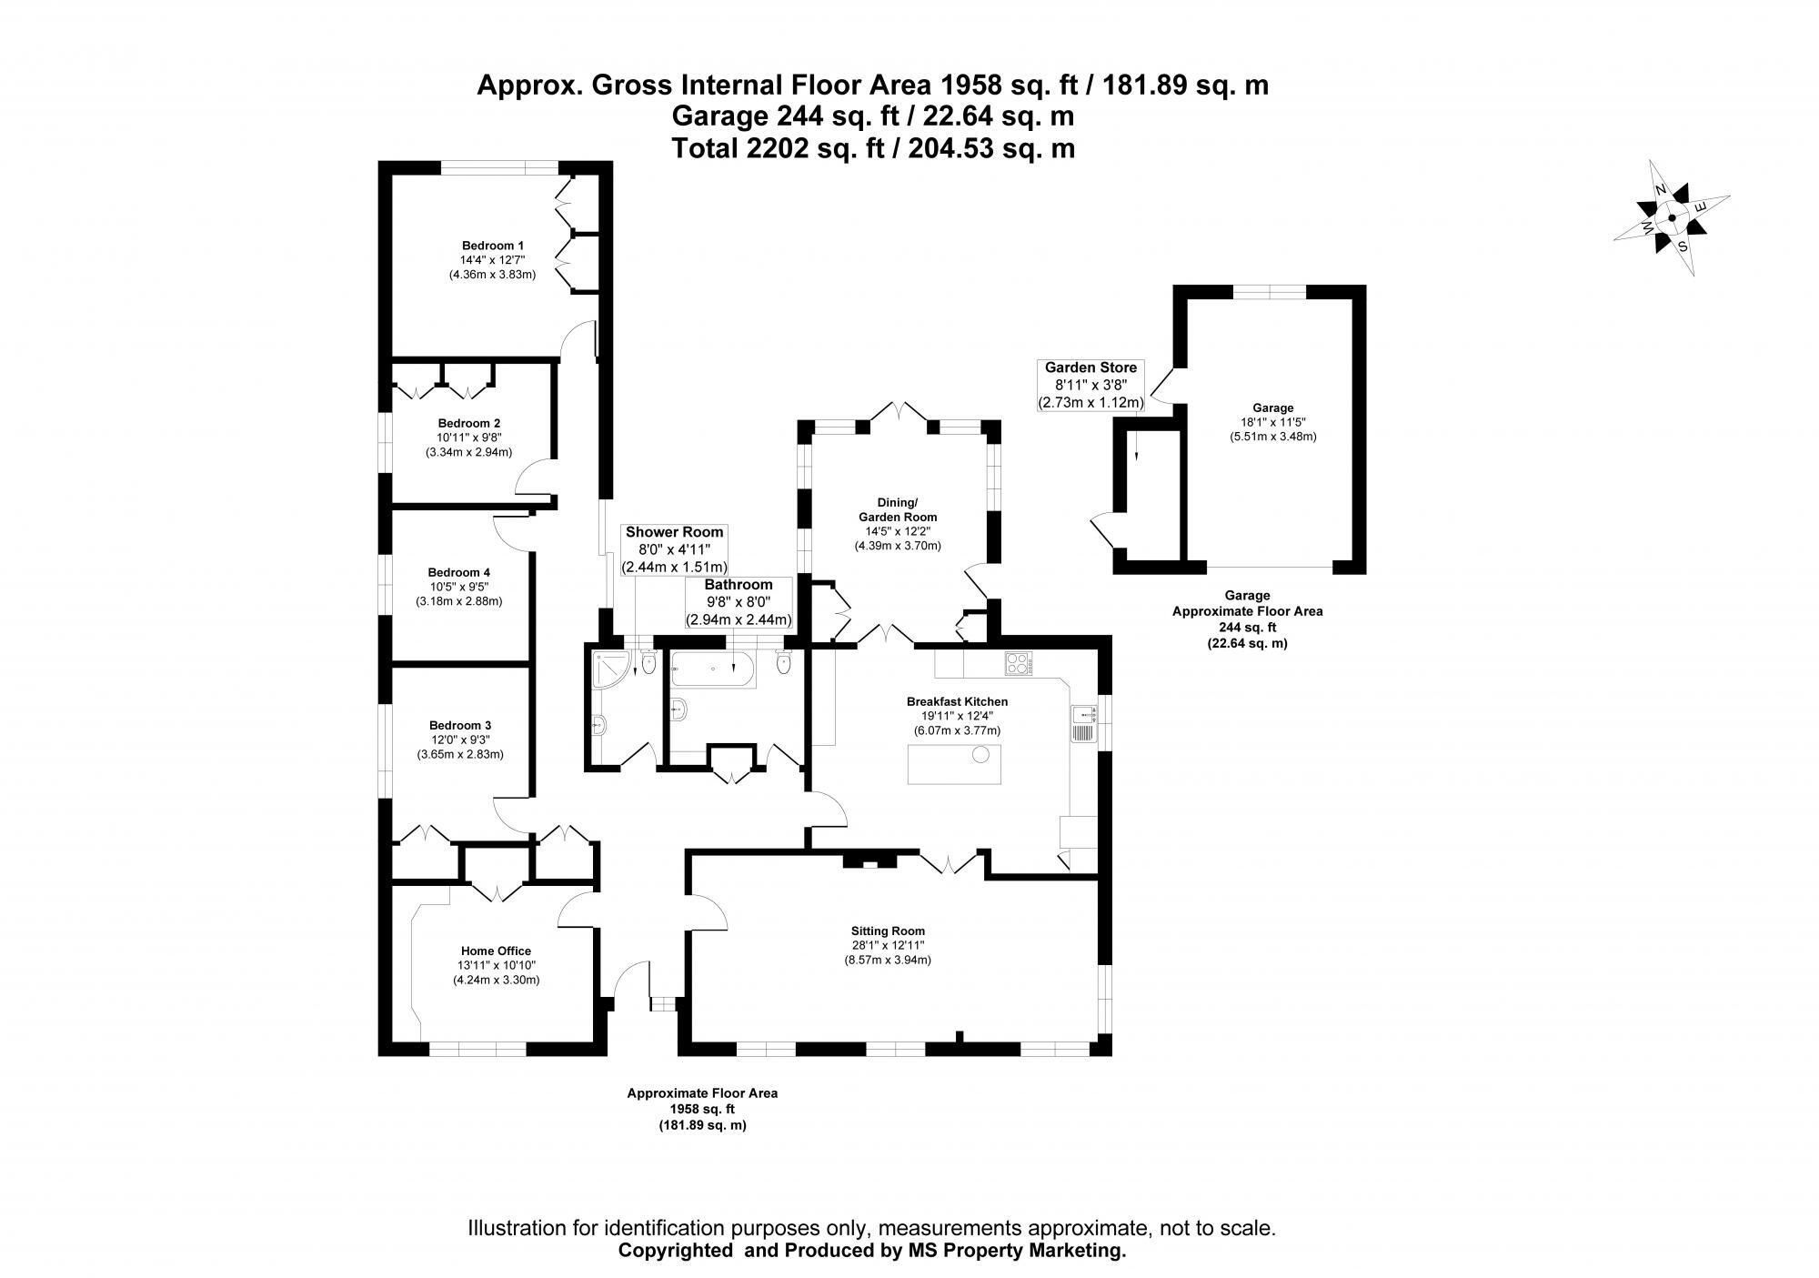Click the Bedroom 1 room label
tap(492, 246)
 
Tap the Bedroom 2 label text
tap(468, 423)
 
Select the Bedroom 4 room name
tap(459, 572)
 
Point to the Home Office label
tap(496, 951)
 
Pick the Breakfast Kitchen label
tap(957, 701)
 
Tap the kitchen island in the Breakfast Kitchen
tap(954, 763)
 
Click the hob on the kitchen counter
tap(1019, 664)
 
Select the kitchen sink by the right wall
tap(1084, 723)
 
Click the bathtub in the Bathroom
tap(713, 669)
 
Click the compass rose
tap(1672, 217)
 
